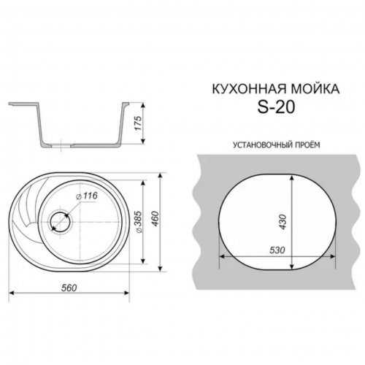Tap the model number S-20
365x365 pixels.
point(276,107)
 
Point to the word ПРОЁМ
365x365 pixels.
point(308,145)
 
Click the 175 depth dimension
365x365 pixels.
point(138,123)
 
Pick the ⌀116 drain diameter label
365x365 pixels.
point(86,196)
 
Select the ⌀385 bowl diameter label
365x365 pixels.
point(139,222)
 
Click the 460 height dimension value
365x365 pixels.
point(155,219)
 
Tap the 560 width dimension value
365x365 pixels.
point(69,288)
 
